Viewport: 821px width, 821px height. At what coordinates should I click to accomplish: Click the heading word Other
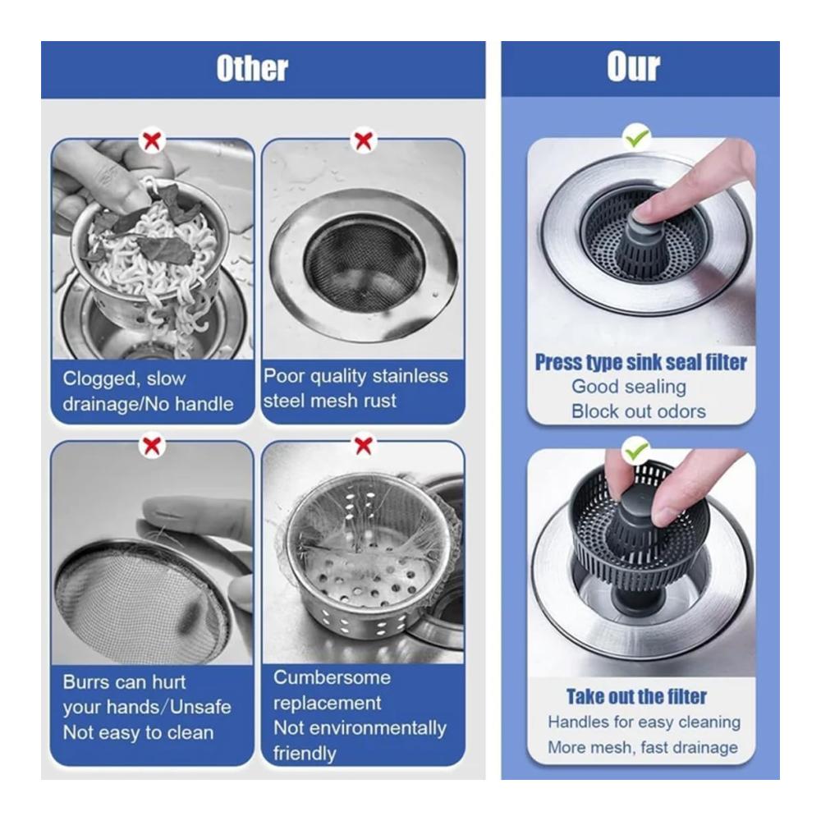tap(252, 69)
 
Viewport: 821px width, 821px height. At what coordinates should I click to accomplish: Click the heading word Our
tap(634, 67)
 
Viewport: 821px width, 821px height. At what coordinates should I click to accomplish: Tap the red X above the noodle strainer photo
tap(152, 140)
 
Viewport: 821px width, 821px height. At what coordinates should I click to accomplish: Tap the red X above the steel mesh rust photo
tap(364, 140)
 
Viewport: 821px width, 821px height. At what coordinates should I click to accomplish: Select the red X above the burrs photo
tap(151, 446)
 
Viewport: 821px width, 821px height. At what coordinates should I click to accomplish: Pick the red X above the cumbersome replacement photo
tap(364, 446)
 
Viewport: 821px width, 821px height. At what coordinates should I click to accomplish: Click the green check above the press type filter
tap(637, 137)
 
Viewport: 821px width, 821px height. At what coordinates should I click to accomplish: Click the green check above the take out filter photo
tap(637, 449)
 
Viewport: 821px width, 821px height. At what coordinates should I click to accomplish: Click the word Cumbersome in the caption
tap(332, 677)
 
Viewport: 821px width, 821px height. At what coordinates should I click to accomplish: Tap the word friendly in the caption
tap(305, 753)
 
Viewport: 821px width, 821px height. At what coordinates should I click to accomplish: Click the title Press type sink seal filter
tap(641, 362)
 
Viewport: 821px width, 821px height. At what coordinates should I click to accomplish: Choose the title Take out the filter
tap(637, 696)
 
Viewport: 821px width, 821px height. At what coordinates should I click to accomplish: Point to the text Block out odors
tap(638, 411)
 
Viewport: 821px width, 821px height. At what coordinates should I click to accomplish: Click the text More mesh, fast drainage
tap(643, 746)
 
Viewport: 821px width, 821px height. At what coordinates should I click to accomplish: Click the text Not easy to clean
tap(138, 732)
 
